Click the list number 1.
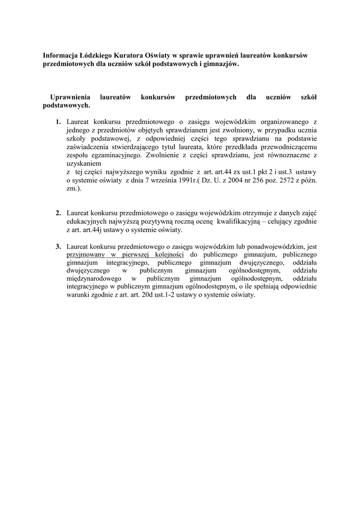[x=59, y=122]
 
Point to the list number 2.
[x=59, y=213]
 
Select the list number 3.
[x=59, y=246]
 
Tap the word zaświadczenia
[x=89, y=147]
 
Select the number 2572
[x=267, y=180]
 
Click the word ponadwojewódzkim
[x=276, y=246]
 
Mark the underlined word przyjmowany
[x=85, y=254]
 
